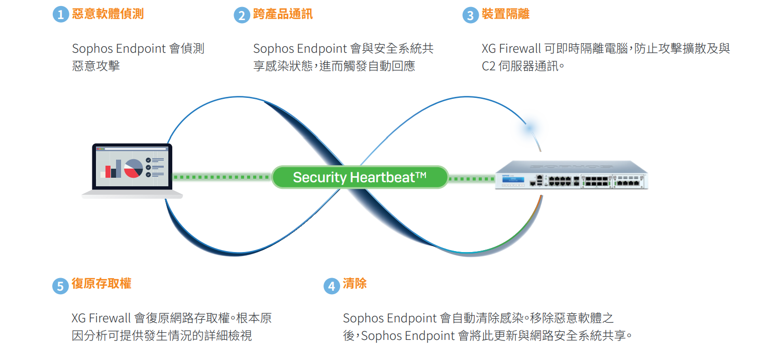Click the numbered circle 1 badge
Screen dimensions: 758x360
(x=61, y=15)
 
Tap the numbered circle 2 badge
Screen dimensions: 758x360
(x=242, y=15)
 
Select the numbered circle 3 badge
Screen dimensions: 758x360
(x=470, y=15)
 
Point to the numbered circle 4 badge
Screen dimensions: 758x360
(x=332, y=286)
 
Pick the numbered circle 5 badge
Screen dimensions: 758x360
(x=61, y=286)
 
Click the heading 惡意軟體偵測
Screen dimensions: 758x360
(x=107, y=14)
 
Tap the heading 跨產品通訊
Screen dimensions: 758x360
(x=283, y=14)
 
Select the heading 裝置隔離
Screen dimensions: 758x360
(x=505, y=14)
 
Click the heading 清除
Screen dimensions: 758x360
(x=355, y=284)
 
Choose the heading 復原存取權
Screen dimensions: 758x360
(x=101, y=284)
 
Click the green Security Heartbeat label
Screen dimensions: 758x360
(x=360, y=177)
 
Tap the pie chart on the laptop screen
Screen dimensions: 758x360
(x=134, y=168)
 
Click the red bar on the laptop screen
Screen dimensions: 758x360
(x=108, y=172)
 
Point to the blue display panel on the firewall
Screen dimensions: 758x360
(x=513, y=180)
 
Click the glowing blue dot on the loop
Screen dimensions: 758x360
(x=529, y=128)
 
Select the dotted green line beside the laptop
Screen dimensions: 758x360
(x=222, y=177)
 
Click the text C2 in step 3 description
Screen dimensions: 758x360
(x=488, y=66)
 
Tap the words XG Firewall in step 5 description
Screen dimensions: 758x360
(x=101, y=318)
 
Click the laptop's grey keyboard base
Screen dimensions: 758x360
(x=132, y=194)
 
